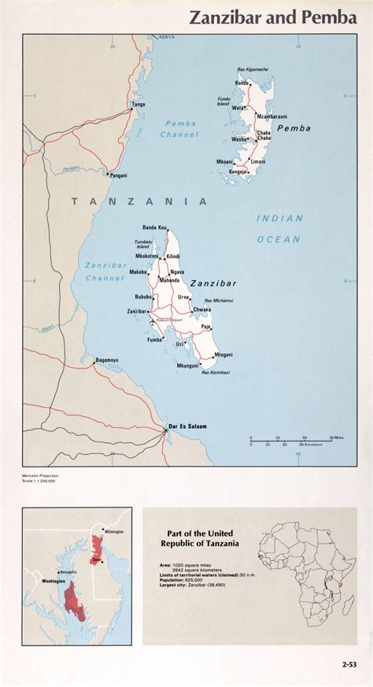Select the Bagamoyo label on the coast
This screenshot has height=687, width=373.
[107, 360]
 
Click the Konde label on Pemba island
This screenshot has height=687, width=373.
[242, 83]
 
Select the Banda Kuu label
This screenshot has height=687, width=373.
[154, 227]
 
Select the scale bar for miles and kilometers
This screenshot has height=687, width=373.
[291, 441]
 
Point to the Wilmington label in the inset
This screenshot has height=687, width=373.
[113, 532]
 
